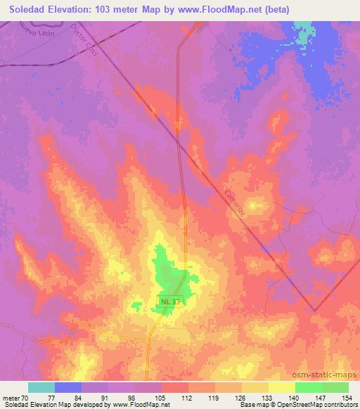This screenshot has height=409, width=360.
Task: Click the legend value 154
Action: click(x=347, y=398)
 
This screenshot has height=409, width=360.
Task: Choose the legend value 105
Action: click(x=161, y=398)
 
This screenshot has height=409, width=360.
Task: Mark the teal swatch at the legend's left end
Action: click(x=41, y=387)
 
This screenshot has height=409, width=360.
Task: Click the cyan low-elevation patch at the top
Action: click(x=303, y=32)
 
